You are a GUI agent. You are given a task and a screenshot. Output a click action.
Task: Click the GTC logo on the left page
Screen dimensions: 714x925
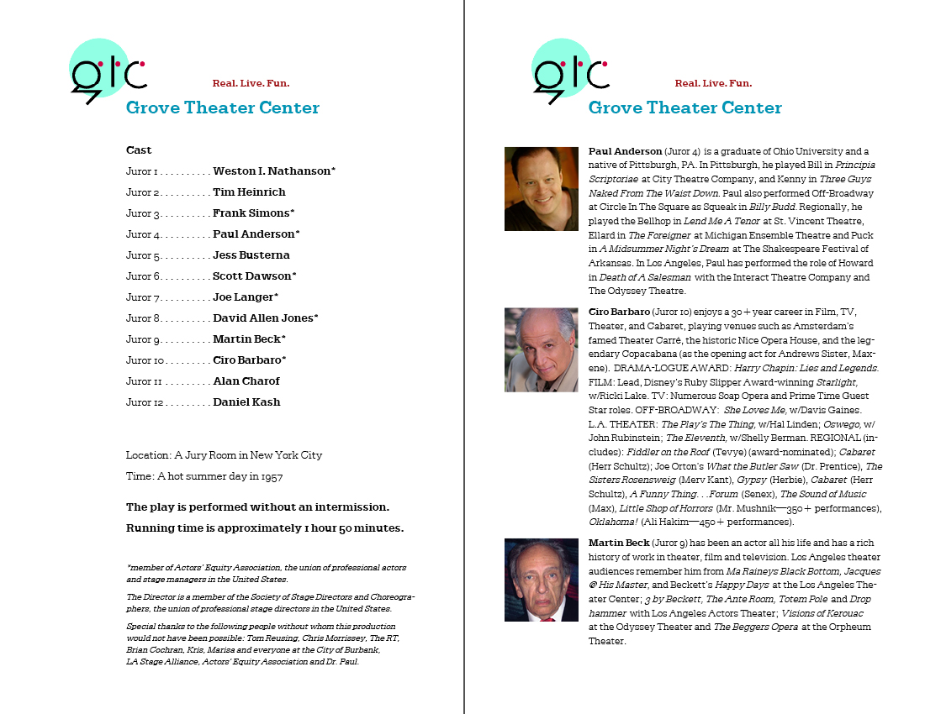point(107,71)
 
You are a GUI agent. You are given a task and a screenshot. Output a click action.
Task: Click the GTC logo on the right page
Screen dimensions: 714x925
point(569,71)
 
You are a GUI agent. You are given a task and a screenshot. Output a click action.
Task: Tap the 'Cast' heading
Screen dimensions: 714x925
point(139,150)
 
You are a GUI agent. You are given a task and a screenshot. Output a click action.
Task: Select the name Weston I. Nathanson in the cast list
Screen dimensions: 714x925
point(273,171)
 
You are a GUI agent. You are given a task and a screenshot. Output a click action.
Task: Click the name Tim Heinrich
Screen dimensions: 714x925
point(249,192)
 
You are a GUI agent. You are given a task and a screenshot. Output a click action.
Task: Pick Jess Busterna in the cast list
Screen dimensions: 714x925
point(251,255)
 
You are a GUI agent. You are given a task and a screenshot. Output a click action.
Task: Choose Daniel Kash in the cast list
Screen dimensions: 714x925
point(246,402)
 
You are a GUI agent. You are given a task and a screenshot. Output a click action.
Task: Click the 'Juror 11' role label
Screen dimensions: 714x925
point(143,381)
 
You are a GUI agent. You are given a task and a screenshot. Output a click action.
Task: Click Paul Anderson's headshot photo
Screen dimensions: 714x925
point(541,189)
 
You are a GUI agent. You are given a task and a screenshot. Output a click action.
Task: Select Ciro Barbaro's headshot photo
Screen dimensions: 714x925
point(541,349)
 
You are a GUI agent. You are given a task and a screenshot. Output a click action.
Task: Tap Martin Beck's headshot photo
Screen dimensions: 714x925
point(541,580)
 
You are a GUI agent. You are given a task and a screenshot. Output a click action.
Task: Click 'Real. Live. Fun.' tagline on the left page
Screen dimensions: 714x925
point(251,83)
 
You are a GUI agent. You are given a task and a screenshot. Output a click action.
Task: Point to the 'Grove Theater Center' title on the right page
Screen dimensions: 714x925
point(684,108)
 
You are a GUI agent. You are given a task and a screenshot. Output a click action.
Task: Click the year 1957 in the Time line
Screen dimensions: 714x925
point(271,476)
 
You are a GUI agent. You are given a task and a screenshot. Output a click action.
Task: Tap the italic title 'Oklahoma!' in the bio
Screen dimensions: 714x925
point(612,522)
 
